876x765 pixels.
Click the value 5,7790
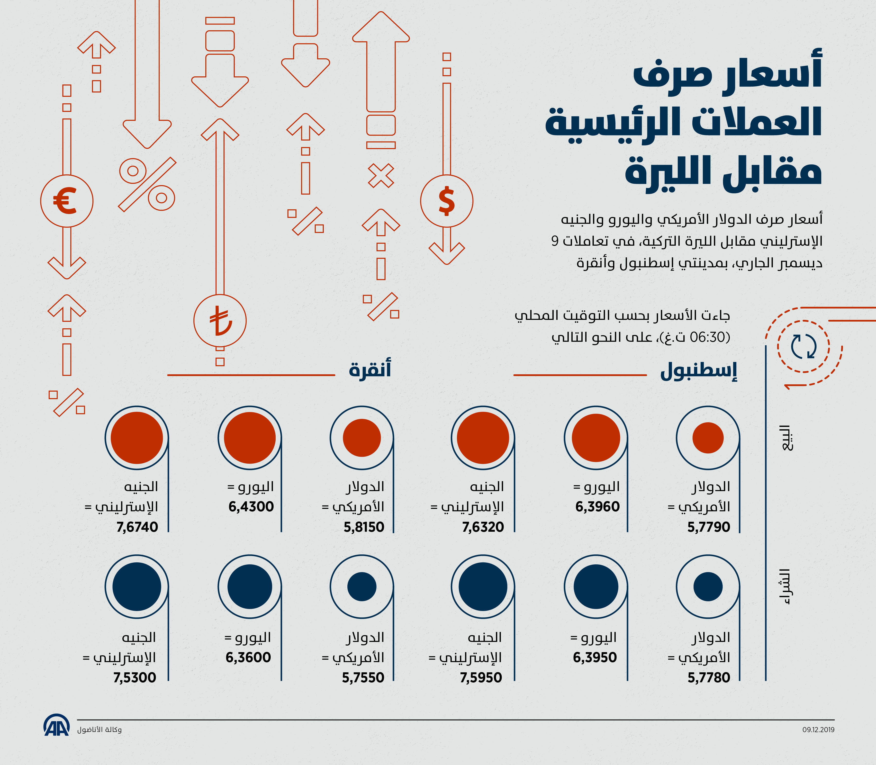[709, 527]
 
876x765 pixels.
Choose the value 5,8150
[364, 527]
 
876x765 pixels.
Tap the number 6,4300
[251, 507]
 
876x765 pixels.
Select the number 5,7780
[709, 677]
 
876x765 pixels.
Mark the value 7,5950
[481, 677]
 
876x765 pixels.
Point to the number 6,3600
[248, 657]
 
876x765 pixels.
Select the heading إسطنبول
[698, 371]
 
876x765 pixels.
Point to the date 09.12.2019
[818, 729]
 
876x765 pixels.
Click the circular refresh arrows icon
[804, 346]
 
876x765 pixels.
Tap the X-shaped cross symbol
[381, 175]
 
